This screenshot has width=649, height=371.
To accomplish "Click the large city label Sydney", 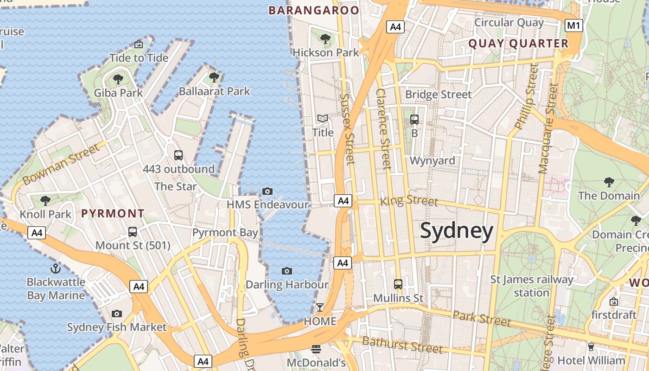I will pyautogui.click(x=457, y=231).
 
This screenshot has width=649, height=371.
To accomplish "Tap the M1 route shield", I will pyautogui.click(x=574, y=26).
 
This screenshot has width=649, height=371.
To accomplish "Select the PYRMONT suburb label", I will pyautogui.click(x=113, y=214).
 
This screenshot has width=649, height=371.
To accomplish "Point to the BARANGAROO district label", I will pyautogui.click(x=314, y=10).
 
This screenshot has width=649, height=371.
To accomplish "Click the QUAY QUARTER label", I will pyautogui.click(x=518, y=44).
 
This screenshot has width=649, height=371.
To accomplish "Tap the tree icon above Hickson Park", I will pyautogui.click(x=325, y=38).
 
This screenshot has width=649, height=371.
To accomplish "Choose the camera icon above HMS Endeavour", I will pyautogui.click(x=267, y=191).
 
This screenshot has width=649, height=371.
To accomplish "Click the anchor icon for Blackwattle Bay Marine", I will pyautogui.click(x=56, y=269).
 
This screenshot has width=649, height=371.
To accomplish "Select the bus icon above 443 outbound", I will pyautogui.click(x=178, y=155).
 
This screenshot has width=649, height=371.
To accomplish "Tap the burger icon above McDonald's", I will pyautogui.click(x=316, y=349).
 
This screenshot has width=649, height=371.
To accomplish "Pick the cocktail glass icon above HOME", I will pyautogui.click(x=320, y=307).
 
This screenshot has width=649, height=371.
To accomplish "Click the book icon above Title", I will pyautogui.click(x=323, y=119).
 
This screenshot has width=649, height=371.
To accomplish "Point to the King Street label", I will pyautogui.click(x=409, y=201).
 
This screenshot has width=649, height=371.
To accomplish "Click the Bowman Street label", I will pyautogui.click(x=61, y=165).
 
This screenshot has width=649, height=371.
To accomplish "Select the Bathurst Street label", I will pyautogui.click(x=402, y=345).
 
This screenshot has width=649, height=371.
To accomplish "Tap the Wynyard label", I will pyautogui.click(x=433, y=161).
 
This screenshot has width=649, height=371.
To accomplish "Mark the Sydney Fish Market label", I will pyautogui.click(x=117, y=327).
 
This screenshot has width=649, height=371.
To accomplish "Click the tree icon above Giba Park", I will pyautogui.click(x=118, y=79).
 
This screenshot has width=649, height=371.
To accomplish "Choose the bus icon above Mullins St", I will pyautogui.click(x=398, y=284).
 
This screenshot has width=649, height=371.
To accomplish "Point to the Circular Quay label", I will pyautogui.click(x=509, y=22).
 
